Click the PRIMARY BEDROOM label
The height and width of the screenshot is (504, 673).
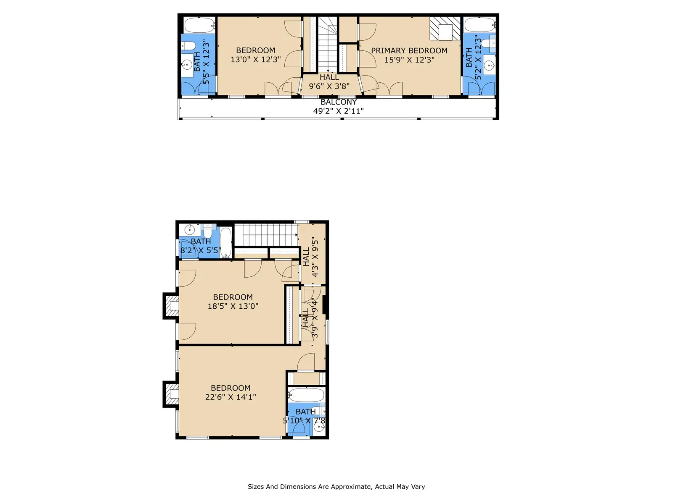tap(409, 50)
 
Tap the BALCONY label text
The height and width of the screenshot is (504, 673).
tap(339, 102)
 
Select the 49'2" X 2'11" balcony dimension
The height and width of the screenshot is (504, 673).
tap(338, 111)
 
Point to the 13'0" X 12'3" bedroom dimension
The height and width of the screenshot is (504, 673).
tap(255, 59)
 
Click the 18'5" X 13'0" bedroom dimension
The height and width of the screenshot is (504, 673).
tap(233, 306)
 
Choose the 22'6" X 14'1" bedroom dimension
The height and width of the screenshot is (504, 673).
tap(230, 397)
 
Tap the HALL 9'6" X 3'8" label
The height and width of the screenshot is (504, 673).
tap(329, 82)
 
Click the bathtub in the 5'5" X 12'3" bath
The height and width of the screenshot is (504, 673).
tap(200, 25)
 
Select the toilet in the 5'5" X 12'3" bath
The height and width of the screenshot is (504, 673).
tap(188, 46)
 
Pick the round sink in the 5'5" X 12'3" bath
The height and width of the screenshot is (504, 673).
tap(186, 65)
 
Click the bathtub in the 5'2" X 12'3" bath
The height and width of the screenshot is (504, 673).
tap(480, 25)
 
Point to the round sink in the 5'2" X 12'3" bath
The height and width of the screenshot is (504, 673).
tap(489, 65)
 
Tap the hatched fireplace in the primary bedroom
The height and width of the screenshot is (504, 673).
tap(445, 29)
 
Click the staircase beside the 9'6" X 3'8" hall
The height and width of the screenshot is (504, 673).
tap(327, 44)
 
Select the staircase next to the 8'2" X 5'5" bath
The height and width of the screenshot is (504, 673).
tap(265, 235)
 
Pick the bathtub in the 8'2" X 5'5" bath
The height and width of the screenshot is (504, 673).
tap(225, 243)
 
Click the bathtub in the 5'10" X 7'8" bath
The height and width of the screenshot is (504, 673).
tap(306, 395)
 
